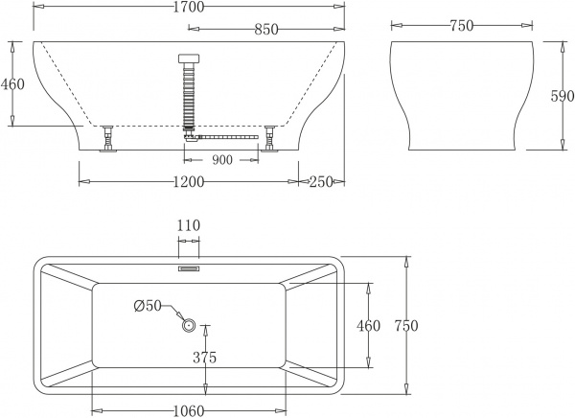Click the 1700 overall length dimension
(x=187, y=10)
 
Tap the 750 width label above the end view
(x=461, y=26)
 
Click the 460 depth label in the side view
(x=12, y=83)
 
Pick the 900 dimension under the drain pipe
(x=222, y=161)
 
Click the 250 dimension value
(x=322, y=182)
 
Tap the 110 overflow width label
(x=189, y=225)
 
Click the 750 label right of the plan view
(x=406, y=326)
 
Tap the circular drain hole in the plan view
(x=189, y=326)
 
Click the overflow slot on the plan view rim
(x=189, y=268)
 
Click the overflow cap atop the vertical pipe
(x=188, y=58)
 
